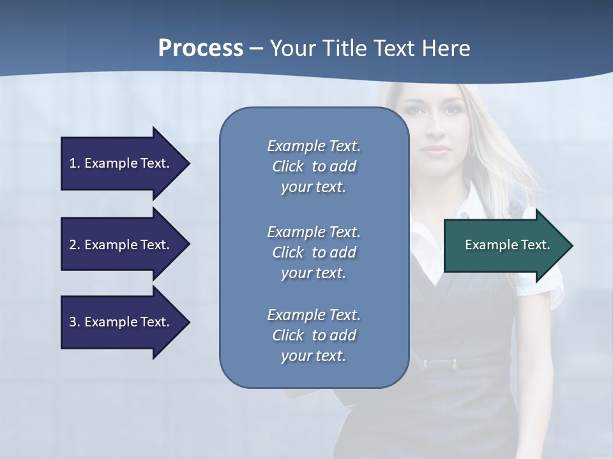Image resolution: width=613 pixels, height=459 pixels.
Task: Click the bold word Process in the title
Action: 201,48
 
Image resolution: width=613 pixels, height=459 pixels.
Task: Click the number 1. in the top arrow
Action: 75,163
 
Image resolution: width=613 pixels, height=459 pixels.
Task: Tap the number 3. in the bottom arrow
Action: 75,322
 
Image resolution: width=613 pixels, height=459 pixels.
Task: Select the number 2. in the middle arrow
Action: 75,245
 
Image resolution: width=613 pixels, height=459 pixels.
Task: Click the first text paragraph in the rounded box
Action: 314,166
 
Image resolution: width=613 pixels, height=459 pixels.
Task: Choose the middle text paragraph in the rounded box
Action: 314,252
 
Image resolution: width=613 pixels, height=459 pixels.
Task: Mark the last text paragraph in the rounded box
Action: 314,335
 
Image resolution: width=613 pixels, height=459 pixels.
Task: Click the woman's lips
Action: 437,150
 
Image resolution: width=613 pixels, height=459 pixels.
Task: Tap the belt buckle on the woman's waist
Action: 455,364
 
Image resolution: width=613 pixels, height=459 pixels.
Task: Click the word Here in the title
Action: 448,48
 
